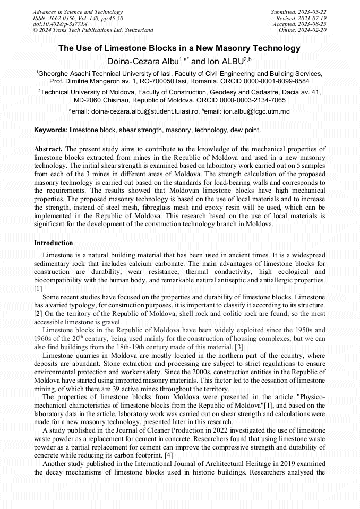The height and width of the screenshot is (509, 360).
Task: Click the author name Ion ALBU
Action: click(x=222, y=62)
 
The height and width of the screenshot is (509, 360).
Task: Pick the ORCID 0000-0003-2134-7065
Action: click(x=252, y=100)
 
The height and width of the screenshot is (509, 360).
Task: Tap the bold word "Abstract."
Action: click(x=48, y=149)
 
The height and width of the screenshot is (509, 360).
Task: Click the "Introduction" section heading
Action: click(x=54, y=243)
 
